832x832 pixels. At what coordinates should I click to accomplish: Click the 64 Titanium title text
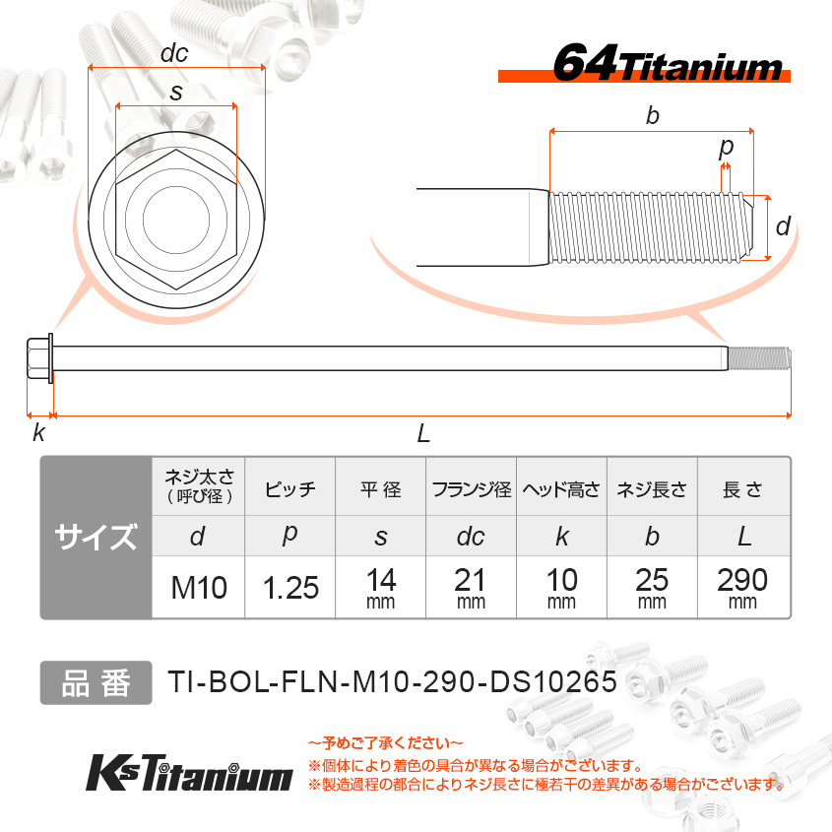click(667, 64)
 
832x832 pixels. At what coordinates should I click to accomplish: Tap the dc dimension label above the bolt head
click(174, 53)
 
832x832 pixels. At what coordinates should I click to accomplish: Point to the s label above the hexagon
click(175, 92)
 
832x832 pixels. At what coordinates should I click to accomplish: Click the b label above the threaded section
click(652, 115)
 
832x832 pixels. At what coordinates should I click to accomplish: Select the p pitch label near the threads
click(726, 148)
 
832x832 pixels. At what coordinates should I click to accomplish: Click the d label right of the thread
click(783, 226)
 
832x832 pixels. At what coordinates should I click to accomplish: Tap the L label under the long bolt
click(423, 433)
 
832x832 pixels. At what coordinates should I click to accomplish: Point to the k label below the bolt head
click(38, 433)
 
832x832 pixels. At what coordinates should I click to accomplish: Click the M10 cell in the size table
click(199, 588)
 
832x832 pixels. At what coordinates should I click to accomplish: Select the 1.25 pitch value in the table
click(290, 588)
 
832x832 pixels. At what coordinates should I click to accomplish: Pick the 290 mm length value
click(743, 584)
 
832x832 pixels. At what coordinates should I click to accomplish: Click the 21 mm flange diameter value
click(471, 584)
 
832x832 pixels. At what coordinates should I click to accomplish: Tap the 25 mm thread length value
click(652, 584)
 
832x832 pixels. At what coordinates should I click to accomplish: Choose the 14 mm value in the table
click(380, 584)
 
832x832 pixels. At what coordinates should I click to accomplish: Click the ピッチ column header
click(290, 489)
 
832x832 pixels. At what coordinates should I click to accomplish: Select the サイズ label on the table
click(96, 538)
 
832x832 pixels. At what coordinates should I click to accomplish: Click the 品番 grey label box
click(96, 682)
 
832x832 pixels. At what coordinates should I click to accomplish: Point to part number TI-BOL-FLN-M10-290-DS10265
click(392, 682)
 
